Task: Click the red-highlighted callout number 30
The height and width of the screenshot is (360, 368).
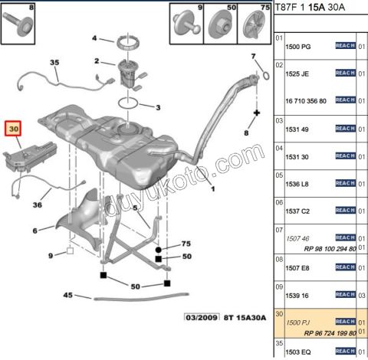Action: click(14, 129)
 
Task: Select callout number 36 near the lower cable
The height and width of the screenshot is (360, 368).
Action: click(38, 205)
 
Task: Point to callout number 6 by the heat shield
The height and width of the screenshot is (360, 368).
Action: click(35, 230)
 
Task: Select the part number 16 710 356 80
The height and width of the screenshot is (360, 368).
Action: click(307, 100)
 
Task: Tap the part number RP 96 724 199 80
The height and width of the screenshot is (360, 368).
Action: click(308, 333)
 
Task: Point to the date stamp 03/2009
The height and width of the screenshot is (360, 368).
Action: click(198, 317)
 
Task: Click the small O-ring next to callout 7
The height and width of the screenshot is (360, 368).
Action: click(264, 74)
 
